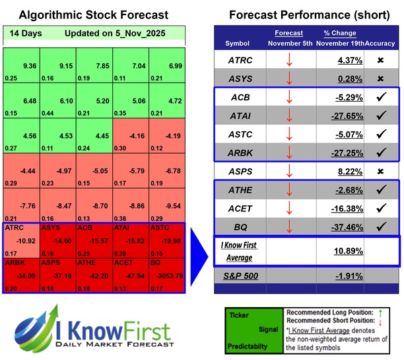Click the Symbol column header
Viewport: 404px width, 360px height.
[238, 43]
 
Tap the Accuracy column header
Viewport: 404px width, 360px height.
[383, 43]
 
